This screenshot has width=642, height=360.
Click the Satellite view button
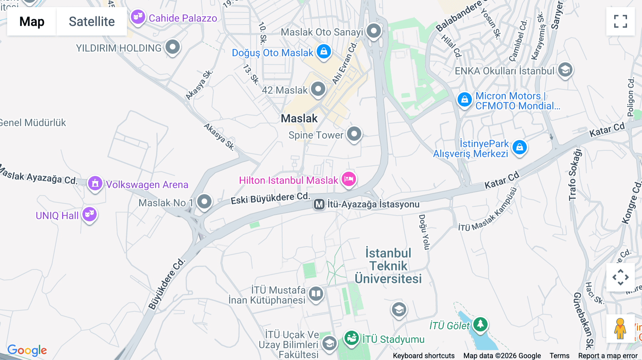[92, 21]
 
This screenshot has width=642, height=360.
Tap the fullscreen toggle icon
[620, 21]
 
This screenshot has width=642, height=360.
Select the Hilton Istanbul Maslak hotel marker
[348, 179]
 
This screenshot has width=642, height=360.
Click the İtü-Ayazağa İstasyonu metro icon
[319, 205]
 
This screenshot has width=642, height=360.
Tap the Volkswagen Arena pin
[95, 184]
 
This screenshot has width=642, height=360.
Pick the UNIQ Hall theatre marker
[90, 214]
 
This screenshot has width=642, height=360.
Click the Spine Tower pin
[354, 134]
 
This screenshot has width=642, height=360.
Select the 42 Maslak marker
[318, 89]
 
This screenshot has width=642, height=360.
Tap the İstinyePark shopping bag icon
[519, 147]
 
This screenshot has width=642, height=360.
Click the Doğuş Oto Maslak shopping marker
[323, 52]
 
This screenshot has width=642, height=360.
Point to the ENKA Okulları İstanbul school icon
[565, 70]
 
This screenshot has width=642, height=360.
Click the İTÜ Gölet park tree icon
[480, 324]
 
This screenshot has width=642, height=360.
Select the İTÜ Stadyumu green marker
[352, 338]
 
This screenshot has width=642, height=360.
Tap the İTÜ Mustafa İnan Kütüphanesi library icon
[316, 294]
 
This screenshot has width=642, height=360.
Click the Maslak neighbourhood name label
[299, 118]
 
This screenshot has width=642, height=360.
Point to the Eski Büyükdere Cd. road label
[270, 198]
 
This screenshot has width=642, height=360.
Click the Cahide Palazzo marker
[138, 17]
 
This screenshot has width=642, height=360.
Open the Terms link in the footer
[559, 355]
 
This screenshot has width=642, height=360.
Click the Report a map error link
[607, 355]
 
